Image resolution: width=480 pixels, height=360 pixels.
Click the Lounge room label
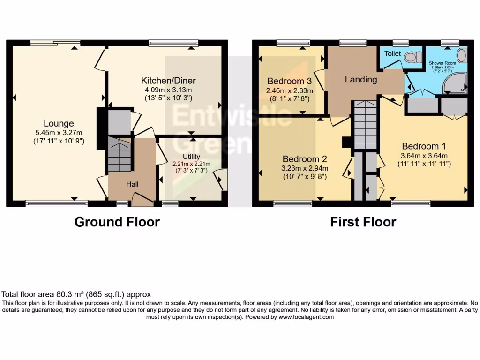point(59,123)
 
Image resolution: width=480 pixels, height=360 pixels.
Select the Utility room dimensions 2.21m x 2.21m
point(191,164)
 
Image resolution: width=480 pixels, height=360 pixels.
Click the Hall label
point(132,185)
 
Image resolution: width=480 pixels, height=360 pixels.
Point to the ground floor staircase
point(120,154)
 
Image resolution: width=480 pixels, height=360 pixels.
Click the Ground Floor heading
point(117,222)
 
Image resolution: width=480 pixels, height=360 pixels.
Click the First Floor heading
point(363,222)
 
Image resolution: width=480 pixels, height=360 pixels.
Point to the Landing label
point(361,79)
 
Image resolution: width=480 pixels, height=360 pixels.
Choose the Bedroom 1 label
point(420,146)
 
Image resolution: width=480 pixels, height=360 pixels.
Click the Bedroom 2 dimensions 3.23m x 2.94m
point(304,168)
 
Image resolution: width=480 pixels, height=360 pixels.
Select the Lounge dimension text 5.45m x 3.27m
point(59,132)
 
